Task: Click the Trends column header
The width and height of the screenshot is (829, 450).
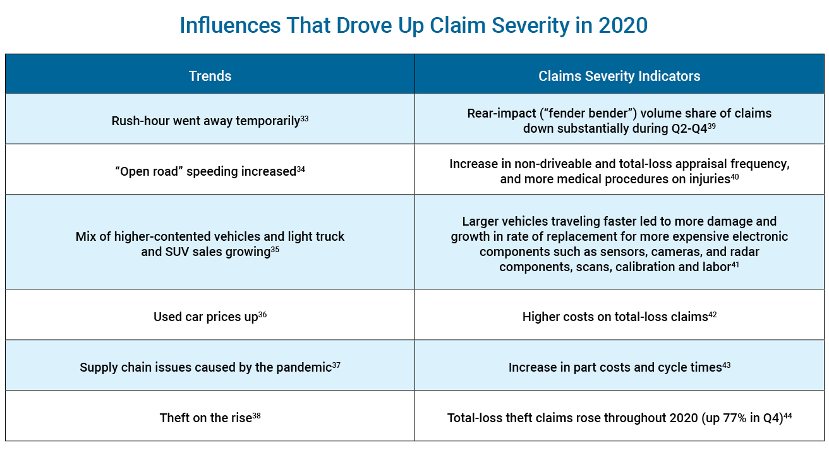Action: (210, 76)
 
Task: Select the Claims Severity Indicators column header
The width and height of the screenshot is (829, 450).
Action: (619, 76)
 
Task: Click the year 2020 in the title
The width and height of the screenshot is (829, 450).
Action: (622, 25)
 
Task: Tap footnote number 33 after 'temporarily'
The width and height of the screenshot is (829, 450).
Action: (305, 118)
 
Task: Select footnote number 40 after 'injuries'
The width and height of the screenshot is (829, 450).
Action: (735, 176)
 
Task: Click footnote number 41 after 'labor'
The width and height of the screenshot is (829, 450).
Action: (735, 264)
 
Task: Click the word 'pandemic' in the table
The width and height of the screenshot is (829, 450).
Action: (304, 367)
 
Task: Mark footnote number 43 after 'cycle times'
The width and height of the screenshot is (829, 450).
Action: (726, 365)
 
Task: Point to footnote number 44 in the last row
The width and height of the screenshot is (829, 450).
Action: (788, 415)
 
